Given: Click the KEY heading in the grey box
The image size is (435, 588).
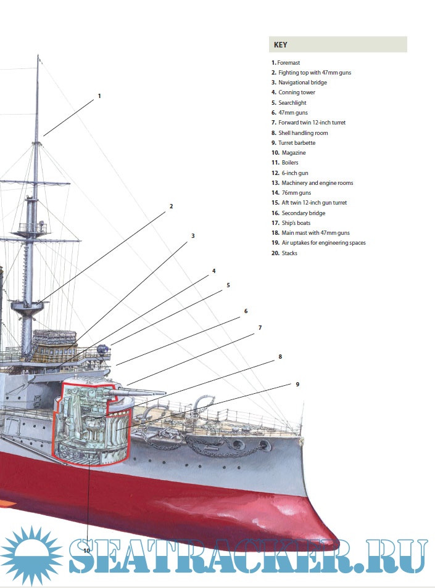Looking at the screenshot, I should click(280, 44).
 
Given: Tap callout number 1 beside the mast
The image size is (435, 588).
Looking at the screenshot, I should click(99, 96).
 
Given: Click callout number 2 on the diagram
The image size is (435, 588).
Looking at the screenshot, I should click(171, 206).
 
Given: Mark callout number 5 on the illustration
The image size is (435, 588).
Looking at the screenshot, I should click(228, 285).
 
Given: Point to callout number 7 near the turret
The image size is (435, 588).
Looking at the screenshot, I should click(260, 328).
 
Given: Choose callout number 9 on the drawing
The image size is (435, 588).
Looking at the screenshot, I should click(297, 384).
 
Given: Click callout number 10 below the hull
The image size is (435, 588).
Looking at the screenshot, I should click(86, 550).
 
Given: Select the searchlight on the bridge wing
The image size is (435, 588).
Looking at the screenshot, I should click(106, 349).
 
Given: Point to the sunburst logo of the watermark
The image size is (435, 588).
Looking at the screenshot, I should click(31, 555).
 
